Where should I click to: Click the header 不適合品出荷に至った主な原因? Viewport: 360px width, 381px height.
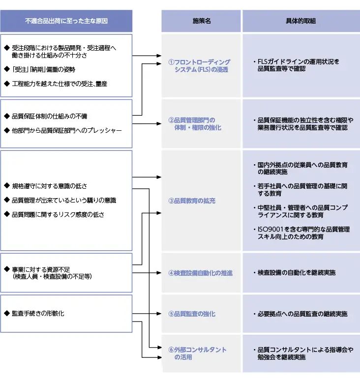point(66,21)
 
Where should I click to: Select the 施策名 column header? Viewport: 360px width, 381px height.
point(201,21)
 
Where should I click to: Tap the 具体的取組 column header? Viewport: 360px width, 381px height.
point(300,21)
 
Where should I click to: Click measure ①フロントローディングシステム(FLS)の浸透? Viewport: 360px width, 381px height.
point(199,66)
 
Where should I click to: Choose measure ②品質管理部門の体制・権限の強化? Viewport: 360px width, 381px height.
point(195,124)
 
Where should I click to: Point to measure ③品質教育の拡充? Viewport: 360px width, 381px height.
point(192,201)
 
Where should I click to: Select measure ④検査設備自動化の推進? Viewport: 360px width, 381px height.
point(200,273)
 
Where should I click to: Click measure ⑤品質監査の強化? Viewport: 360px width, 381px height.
point(192,314)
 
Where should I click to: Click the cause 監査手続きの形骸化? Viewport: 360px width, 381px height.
point(38,313)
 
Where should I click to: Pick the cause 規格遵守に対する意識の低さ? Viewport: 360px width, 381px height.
point(49,186)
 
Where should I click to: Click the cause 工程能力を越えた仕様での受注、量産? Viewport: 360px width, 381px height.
point(60,84)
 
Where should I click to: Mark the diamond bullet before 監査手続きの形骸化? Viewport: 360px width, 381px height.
point(6,313)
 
